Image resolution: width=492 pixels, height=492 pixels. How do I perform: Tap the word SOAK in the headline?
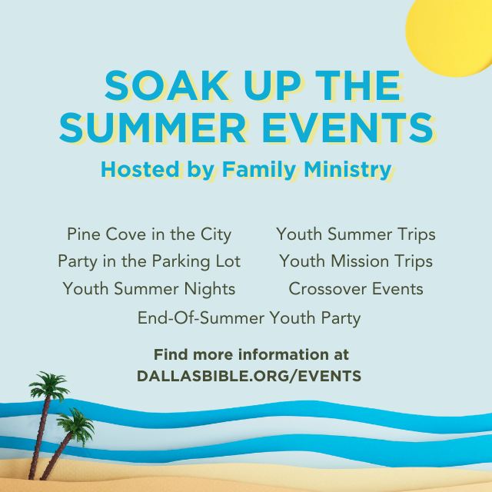coord(167,85)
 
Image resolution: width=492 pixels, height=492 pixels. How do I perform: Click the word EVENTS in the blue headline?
coord(348,128)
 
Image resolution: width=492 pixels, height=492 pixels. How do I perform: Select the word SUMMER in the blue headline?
coord(152,128)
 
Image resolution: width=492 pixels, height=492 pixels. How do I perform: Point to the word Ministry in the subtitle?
coord(347,170)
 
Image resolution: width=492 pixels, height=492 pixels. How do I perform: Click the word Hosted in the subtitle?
coord(140,169)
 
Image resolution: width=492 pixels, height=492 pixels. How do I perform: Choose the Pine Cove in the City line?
coord(149,234)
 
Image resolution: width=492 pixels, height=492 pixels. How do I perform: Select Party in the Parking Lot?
coord(149,261)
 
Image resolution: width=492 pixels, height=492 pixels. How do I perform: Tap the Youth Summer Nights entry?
coord(149,289)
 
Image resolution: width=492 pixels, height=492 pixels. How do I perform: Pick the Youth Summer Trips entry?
coord(356,234)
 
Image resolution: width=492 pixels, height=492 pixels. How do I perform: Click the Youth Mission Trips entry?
coord(356,261)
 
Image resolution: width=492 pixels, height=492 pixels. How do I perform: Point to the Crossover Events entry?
coord(356,289)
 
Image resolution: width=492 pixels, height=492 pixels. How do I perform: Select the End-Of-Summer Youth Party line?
coord(249,318)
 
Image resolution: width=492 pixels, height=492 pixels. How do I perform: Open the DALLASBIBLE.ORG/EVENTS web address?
coord(249,376)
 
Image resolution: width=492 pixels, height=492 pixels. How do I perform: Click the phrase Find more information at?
coord(251,354)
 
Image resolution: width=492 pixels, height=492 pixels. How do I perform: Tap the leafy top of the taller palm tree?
coord(49,386)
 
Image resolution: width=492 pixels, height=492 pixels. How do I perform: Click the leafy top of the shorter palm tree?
coord(76,424)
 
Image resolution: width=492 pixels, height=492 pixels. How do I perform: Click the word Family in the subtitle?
coord(259,170)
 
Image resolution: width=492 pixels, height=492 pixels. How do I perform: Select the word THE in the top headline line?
coord(358,85)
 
